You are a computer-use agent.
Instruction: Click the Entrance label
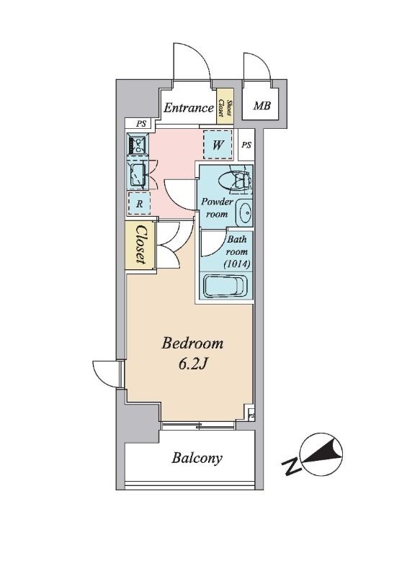tap(188, 108)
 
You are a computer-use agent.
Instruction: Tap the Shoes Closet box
tap(225, 107)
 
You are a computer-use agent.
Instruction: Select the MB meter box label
tap(261, 106)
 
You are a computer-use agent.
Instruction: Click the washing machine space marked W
tap(218, 145)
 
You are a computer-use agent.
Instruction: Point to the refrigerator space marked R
tap(139, 204)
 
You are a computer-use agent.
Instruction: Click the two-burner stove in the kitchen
tap(137, 145)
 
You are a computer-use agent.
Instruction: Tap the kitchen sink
tap(138, 176)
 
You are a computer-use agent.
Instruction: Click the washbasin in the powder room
tap(244, 212)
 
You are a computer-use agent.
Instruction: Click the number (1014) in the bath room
tap(237, 264)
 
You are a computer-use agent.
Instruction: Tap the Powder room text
tap(217, 207)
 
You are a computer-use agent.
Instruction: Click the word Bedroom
tap(192, 343)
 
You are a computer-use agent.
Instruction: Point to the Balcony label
tap(197, 458)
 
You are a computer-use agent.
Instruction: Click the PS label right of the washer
tap(246, 145)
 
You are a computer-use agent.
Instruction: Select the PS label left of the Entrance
tap(140, 124)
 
